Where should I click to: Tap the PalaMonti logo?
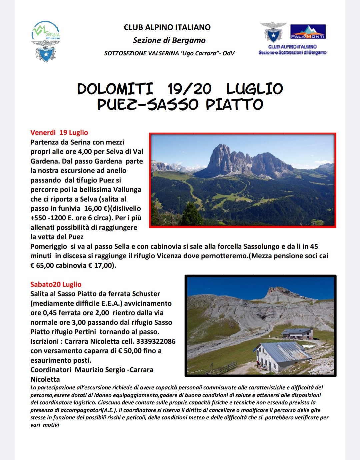pyautogui.click(x=308, y=32)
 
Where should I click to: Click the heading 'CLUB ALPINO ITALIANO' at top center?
pyautogui.click(x=167, y=27)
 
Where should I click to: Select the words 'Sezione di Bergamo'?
pyautogui.click(x=169, y=40)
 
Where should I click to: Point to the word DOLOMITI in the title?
pyautogui.click(x=115, y=89)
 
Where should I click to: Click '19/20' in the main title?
pyautogui.click(x=189, y=89)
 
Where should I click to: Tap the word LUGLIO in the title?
pyautogui.click(x=254, y=89)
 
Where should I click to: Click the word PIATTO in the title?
pyautogui.click(x=234, y=105)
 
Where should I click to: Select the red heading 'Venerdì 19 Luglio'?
pyautogui.click(x=59, y=133)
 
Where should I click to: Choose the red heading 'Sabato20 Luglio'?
pyautogui.click(x=56, y=284)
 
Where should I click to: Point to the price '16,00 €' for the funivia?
pyautogui.click(x=94, y=209)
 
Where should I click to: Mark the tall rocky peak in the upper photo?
pyautogui.click(x=222, y=157)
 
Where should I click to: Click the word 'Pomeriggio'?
pyautogui.click(x=49, y=246)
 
